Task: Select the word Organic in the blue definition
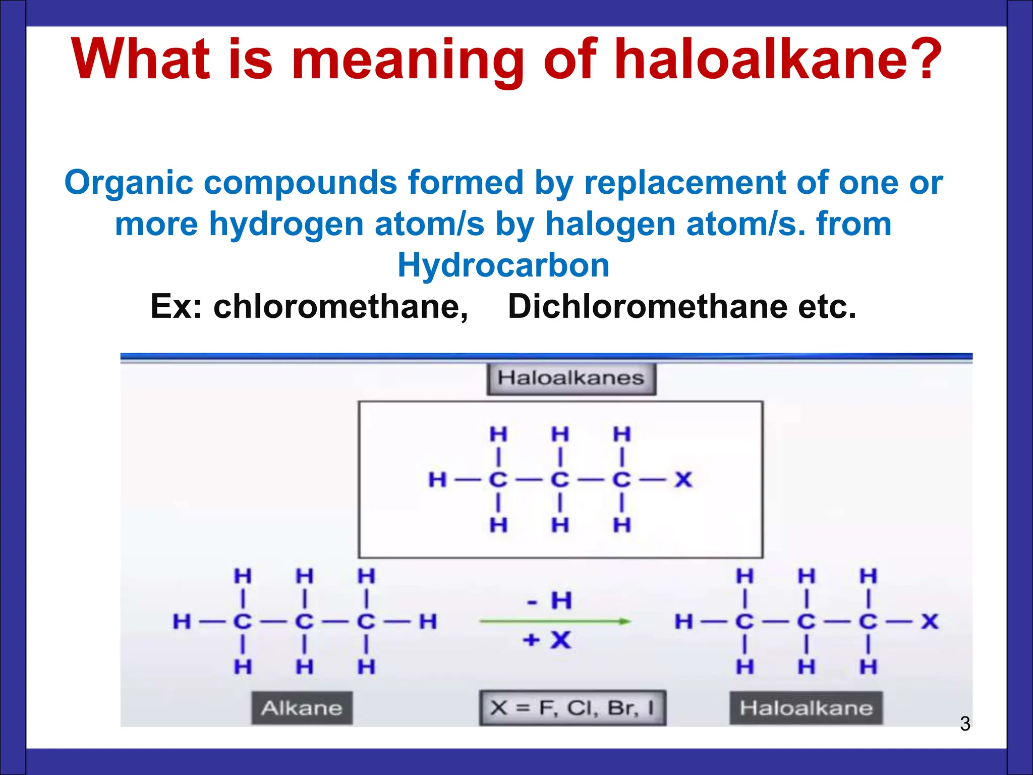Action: pyautogui.click(x=129, y=183)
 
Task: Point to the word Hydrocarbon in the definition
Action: pyautogui.click(x=503, y=265)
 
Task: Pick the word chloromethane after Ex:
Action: pyautogui.click(x=340, y=306)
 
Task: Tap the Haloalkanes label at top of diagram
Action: pyautogui.click(x=571, y=378)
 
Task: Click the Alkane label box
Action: pyautogui.click(x=302, y=708)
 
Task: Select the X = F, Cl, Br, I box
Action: pyautogui.click(x=572, y=708)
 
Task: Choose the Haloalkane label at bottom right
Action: pyautogui.click(x=806, y=708)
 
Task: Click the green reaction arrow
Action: pyautogui.click(x=555, y=621)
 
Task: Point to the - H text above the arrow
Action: pyautogui.click(x=549, y=600)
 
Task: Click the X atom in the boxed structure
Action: pyautogui.click(x=683, y=479)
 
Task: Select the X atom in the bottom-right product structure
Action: pyautogui.click(x=930, y=621)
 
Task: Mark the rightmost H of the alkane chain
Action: pyautogui.click(x=428, y=621)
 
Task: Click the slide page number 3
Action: pyautogui.click(x=965, y=724)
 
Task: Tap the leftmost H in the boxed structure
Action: pyautogui.click(x=437, y=479)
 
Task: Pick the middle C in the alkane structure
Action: pyautogui.click(x=304, y=621)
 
